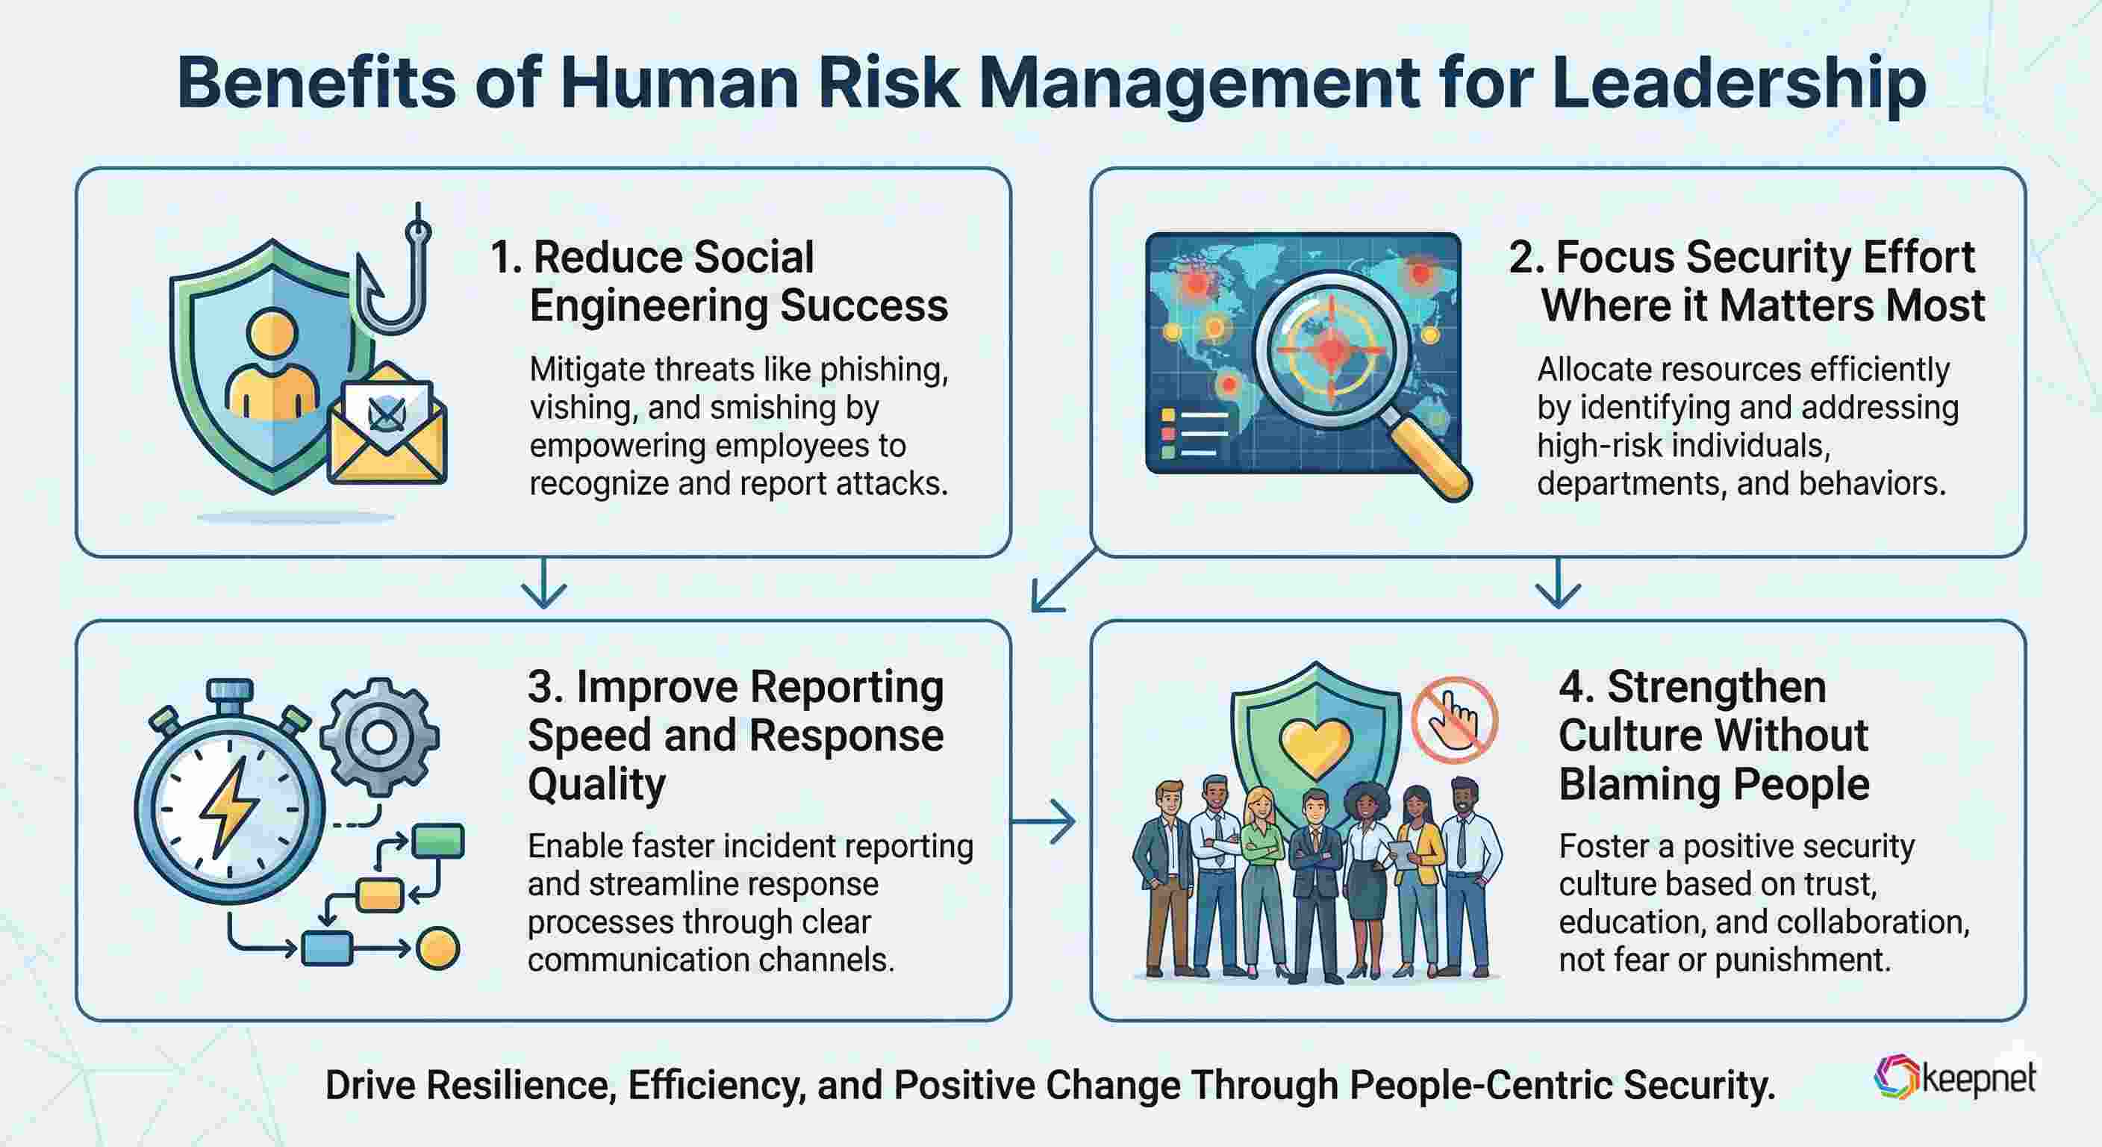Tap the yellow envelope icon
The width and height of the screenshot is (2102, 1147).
pyautogui.click(x=387, y=432)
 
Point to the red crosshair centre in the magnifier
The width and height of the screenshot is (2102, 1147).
pyautogui.click(x=1331, y=349)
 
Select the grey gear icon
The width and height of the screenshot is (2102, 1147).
pyautogui.click(x=378, y=736)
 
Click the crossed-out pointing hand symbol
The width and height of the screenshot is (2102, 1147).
pyautogui.click(x=1454, y=719)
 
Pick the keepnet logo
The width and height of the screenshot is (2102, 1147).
pyautogui.click(x=1954, y=1077)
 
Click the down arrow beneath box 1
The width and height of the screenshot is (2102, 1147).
pyautogui.click(x=543, y=584)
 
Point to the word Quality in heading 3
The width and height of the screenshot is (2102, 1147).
pyautogui.click(x=596, y=785)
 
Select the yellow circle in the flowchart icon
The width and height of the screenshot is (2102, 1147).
pyautogui.click(x=437, y=948)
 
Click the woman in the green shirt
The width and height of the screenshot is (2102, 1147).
pyautogui.click(x=1261, y=874)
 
